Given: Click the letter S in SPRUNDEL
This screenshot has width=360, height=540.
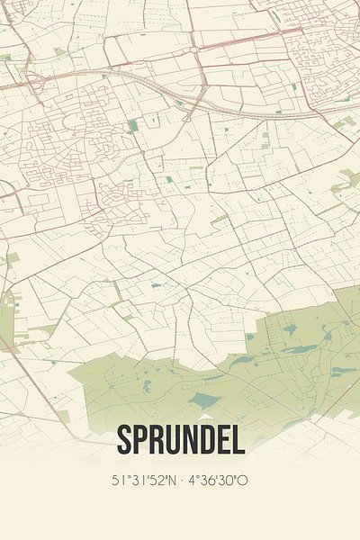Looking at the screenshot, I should tap(123, 440).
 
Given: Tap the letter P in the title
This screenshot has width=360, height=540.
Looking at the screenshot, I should tap(140, 440).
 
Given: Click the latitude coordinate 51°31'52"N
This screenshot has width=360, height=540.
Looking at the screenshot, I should tap(144, 481).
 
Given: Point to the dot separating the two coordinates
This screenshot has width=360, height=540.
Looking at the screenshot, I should tap(184, 481).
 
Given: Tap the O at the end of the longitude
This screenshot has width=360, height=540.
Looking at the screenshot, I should tap(244, 481).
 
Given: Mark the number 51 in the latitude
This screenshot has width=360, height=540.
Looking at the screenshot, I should tap(117, 481).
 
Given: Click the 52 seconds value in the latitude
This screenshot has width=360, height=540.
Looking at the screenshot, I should tap(159, 481).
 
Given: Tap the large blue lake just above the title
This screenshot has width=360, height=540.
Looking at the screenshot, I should tap(205, 400).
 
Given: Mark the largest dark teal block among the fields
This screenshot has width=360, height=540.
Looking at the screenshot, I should tap(133, 125).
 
